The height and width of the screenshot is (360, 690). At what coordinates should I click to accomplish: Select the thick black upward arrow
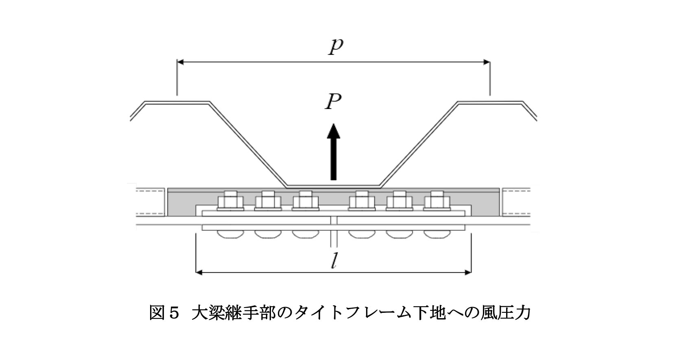pyautogui.click(x=334, y=153)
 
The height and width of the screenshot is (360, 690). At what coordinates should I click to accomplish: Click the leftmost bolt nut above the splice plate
pyautogui.click(x=231, y=201)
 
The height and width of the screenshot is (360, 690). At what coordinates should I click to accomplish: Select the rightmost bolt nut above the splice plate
pyautogui.click(x=437, y=201)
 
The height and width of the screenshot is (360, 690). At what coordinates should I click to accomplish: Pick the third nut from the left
pyautogui.click(x=306, y=201)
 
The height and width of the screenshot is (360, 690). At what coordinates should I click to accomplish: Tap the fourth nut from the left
pyautogui.click(x=362, y=201)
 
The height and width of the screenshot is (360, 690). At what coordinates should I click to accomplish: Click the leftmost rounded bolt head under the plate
pyautogui.click(x=231, y=234)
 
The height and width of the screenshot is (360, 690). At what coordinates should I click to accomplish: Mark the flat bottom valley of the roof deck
pyautogui.click(x=334, y=185)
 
